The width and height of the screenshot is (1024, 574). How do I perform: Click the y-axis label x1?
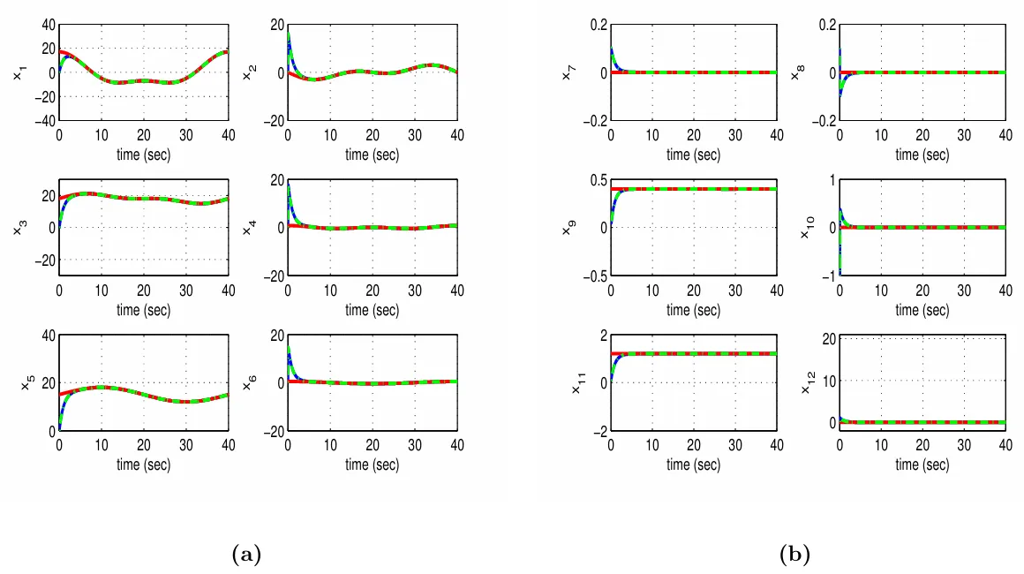click(x=19, y=73)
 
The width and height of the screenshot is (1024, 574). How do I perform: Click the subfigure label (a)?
click(x=246, y=555)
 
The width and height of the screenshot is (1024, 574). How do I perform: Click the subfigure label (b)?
click(x=795, y=555)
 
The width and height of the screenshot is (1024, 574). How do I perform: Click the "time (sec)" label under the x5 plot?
click(x=142, y=464)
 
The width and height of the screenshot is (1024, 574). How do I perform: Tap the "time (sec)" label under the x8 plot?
click(x=921, y=155)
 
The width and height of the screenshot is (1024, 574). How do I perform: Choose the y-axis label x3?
click(x=19, y=228)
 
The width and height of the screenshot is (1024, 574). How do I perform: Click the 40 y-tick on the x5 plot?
click(x=45, y=336)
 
